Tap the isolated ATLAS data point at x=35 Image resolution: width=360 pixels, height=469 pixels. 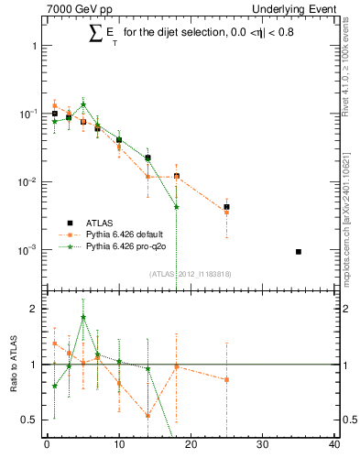pyautogui.click(x=299, y=251)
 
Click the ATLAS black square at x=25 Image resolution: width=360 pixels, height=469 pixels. pyautogui.click(x=226, y=207)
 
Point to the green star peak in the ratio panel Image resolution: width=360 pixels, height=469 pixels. pyautogui.click(x=83, y=318)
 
